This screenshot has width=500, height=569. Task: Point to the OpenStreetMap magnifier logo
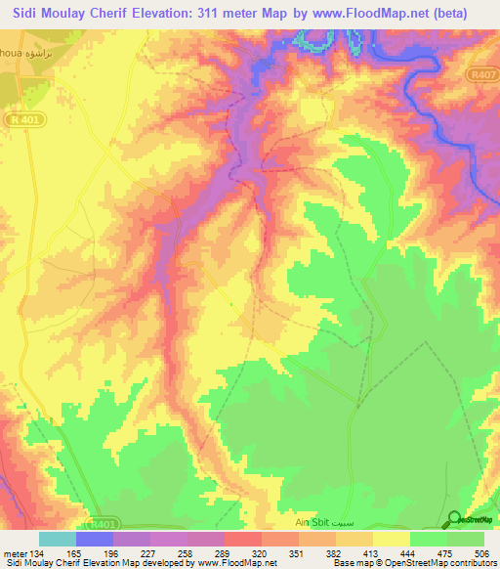(x=454, y=521)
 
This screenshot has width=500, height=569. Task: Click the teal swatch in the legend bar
(x=57, y=538)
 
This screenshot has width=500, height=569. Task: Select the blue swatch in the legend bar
(x=94, y=538)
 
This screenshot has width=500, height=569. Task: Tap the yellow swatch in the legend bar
(x=391, y=538)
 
